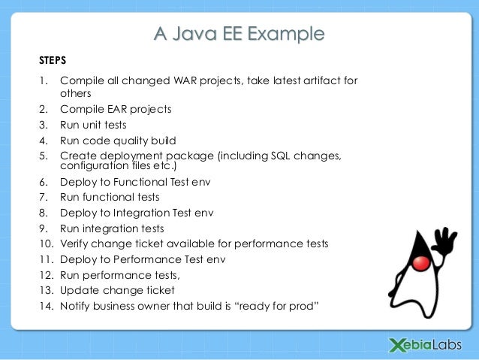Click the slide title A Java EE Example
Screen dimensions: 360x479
(239, 34)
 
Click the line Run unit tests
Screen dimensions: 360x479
(93, 125)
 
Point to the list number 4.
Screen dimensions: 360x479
(43, 141)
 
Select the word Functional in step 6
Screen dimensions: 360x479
(137, 181)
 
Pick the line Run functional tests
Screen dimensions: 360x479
(110, 197)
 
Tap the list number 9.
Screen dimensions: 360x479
(43, 228)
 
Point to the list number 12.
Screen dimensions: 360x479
(45, 275)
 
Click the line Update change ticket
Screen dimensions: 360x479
(117, 290)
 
